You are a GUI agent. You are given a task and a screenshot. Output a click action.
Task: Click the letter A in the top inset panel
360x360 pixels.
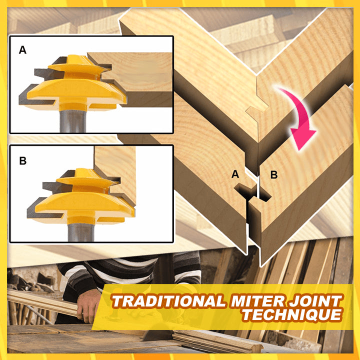tap(22, 49)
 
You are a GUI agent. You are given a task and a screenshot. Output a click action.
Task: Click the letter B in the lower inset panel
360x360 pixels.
tap(22, 160)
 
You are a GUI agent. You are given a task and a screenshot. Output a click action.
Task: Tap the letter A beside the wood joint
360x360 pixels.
tap(235, 174)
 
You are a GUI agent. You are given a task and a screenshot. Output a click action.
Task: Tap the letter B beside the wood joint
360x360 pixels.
tap(274, 175)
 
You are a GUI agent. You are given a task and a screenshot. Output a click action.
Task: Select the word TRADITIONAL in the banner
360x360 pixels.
tap(168, 301)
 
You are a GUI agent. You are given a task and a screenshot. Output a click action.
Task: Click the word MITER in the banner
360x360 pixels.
tap(257, 301)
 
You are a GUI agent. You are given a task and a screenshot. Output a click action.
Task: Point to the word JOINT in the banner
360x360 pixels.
tap(315, 301)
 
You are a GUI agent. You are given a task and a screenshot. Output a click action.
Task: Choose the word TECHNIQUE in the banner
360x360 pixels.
tap(292, 314)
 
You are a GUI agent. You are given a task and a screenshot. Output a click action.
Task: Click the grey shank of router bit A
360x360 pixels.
tap(73, 121)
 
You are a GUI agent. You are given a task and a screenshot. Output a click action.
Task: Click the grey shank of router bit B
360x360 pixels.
tap(81, 232)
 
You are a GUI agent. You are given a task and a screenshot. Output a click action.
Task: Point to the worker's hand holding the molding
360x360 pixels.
tap(88, 305)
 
